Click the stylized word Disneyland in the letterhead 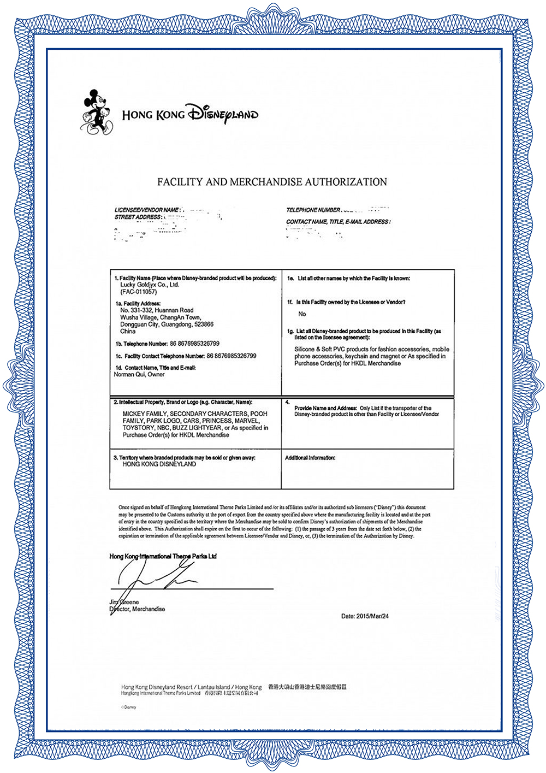point(222,113)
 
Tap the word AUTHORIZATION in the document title point(346,182)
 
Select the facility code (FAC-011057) point(138,292)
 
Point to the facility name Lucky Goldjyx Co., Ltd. point(150,285)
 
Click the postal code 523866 point(203,324)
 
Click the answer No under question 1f point(302,314)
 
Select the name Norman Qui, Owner point(139,375)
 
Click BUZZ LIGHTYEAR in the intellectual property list point(197,428)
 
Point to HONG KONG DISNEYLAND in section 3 point(159,464)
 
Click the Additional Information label point(310,458)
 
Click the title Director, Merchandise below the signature point(138,609)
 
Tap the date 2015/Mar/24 point(372,616)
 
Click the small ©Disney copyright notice point(129,707)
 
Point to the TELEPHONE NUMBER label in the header point(313,210)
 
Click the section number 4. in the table point(287,403)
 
